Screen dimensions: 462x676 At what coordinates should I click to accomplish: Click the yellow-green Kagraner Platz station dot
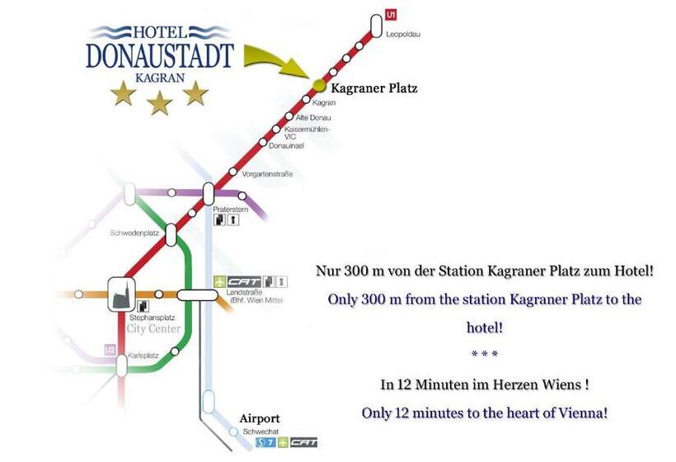pyautogui.click(x=319, y=85)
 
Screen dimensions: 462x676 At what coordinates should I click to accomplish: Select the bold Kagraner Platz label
pyautogui.click(x=373, y=87)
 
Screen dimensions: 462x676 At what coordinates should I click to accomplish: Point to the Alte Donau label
pyautogui.click(x=312, y=117)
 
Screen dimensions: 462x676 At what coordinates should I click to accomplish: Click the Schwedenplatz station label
pyautogui.click(x=134, y=233)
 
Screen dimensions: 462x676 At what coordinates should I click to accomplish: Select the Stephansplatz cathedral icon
pyautogui.click(x=120, y=295)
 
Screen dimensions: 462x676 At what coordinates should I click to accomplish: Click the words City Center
pyautogui.click(x=153, y=328)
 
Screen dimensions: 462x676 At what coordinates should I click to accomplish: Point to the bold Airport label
pyautogui.click(x=260, y=417)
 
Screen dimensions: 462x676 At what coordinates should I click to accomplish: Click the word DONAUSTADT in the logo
pyautogui.click(x=160, y=55)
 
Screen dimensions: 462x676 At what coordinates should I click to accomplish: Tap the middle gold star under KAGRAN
pyautogui.click(x=160, y=102)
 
